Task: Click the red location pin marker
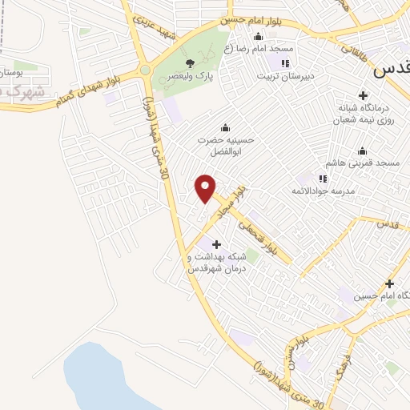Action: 206,188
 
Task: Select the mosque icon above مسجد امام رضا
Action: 258,36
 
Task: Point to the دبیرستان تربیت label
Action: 283,77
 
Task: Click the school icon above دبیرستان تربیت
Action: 283,63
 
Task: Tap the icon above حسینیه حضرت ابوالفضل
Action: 225,127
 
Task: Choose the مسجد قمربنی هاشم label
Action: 368,163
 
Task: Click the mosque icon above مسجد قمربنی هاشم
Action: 362,150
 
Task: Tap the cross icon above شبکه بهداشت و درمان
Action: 215,243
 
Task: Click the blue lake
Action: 112,376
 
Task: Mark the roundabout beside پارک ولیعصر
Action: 145,70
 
